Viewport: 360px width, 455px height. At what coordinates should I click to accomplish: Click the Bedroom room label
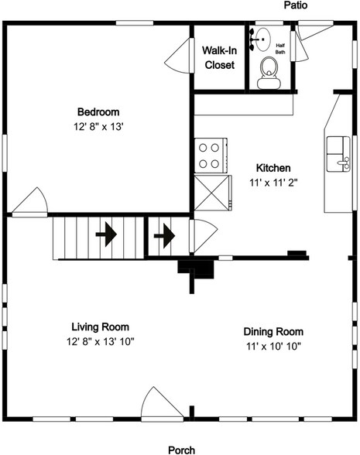click(x=98, y=112)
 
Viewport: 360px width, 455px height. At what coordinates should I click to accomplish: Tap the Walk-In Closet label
click(x=220, y=57)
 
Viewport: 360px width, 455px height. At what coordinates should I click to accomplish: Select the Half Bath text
click(x=280, y=49)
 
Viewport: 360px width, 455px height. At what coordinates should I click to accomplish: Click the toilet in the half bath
click(x=269, y=73)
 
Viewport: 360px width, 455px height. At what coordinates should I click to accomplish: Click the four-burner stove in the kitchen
click(x=211, y=156)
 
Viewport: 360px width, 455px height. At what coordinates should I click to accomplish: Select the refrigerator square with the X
click(x=213, y=193)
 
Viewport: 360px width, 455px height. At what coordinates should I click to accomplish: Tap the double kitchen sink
click(x=338, y=154)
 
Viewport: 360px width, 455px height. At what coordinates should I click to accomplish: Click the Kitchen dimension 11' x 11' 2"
click(x=273, y=183)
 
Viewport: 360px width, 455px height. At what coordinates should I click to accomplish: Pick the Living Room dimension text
click(x=101, y=341)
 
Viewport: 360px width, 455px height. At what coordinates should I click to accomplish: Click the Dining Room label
click(x=273, y=331)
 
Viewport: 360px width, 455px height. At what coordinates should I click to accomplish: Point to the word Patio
click(x=296, y=5)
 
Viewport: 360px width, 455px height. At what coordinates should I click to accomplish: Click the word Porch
click(x=182, y=450)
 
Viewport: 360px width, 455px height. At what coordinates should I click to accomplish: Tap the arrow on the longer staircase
click(x=106, y=234)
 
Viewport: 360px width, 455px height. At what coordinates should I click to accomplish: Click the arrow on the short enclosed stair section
click(x=164, y=236)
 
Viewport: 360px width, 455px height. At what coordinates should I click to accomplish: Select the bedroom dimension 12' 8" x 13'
click(x=99, y=127)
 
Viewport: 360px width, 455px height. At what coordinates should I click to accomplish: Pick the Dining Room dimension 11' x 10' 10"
click(x=273, y=346)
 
